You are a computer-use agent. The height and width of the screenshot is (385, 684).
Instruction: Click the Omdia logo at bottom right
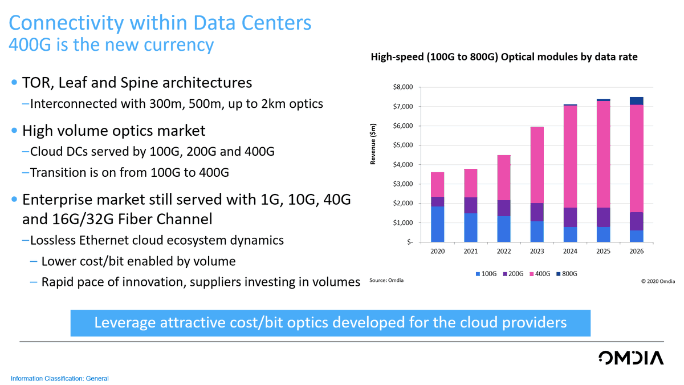[x=631, y=358]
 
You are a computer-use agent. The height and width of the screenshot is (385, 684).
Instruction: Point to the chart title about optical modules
[x=504, y=57]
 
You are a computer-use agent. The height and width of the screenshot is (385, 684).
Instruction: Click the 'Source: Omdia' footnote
[x=386, y=281]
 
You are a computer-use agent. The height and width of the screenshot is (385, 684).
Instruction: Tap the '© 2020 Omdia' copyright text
[x=658, y=281]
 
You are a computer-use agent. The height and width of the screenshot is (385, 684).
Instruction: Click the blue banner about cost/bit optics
[x=330, y=323]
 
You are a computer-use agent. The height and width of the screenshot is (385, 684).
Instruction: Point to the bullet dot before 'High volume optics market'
[x=14, y=131]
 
